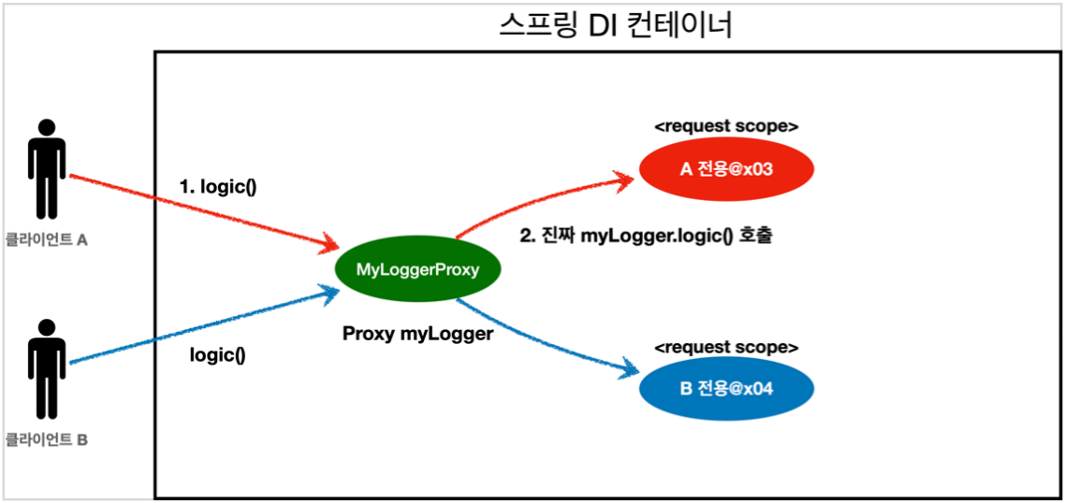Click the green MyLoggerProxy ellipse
pyautogui.click(x=417, y=270)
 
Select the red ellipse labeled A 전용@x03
pyautogui.click(x=726, y=169)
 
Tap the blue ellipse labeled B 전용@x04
pyautogui.click(x=726, y=388)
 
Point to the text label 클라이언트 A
pyautogui.click(x=47, y=240)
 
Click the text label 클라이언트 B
pyautogui.click(x=47, y=438)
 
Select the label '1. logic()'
pyautogui.click(x=218, y=186)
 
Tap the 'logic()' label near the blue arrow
pyautogui.click(x=217, y=355)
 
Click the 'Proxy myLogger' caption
pyautogui.click(x=417, y=334)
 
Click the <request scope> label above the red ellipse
pyautogui.click(x=726, y=125)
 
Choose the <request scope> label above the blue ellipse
pyautogui.click(x=726, y=347)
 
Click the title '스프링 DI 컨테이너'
pyautogui.click(x=615, y=24)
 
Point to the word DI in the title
pyautogui.click(x=605, y=24)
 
